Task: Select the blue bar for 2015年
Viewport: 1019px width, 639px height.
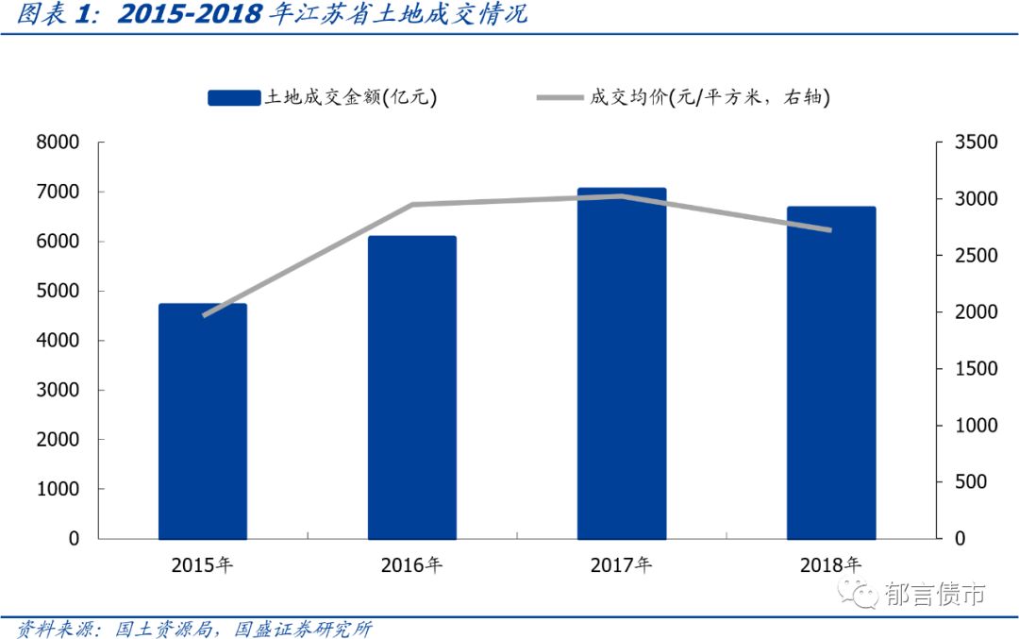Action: (202, 421)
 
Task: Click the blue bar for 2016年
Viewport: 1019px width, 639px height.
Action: (411, 387)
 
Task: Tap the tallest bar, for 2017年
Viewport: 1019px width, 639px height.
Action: (621, 363)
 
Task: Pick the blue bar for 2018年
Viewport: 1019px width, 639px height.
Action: (831, 373)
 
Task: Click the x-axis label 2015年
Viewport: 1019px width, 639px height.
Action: (202, 566)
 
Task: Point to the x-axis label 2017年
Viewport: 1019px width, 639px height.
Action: (621, 566)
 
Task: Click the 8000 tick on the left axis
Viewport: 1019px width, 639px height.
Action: (59, 143)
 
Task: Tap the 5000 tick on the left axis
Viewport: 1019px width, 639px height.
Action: (59, 291)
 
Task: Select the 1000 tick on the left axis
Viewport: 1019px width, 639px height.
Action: (59, 489)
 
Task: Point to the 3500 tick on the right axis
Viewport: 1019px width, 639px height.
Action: (975, 143)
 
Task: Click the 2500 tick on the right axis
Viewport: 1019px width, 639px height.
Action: (975, 256)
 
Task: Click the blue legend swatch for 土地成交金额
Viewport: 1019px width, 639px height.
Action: (233, 97)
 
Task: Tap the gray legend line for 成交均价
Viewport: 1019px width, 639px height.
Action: (560, 97)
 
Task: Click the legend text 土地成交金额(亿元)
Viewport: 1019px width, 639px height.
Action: (351, 97)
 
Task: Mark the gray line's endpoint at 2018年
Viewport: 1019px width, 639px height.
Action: (831, 229)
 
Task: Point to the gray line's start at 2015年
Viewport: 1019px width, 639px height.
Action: (204, 315)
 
